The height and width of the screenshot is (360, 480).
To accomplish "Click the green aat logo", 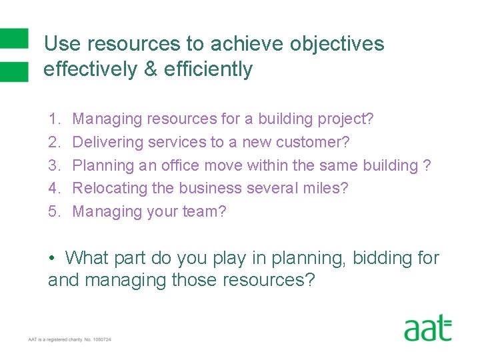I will click(427, 329).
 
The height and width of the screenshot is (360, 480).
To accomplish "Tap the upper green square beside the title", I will click(14, 38).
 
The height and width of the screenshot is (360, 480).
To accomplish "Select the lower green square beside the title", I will click(14, 71).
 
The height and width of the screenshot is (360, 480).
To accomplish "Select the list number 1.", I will click(53, 119).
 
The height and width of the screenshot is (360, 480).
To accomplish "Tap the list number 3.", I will click(53, 165).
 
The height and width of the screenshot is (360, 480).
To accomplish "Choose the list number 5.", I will click(53, 212).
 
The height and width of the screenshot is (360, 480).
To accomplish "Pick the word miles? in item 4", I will click(327, 189).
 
